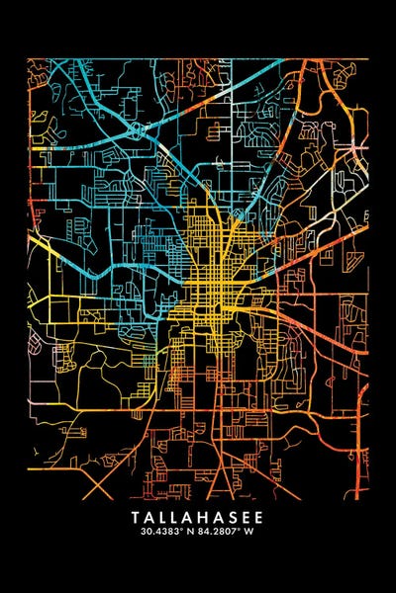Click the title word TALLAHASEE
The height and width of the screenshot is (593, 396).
(x=198, y=516)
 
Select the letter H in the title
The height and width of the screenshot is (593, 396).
(x=206, y=516)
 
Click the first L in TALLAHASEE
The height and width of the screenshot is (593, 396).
(x=162, y=516)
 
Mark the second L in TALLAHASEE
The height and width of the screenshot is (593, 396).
(x=176, y=516)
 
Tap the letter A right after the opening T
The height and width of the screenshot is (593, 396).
(x=148, y=516)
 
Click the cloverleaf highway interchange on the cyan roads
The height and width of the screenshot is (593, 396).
(x=135, y=128)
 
